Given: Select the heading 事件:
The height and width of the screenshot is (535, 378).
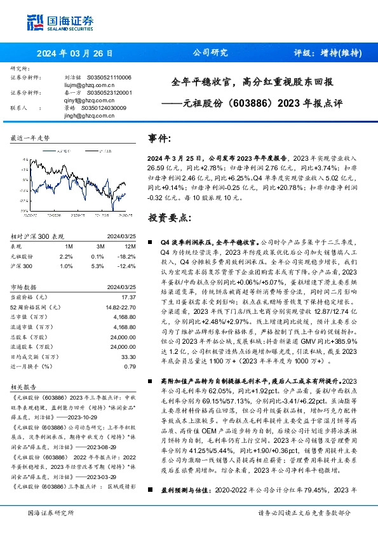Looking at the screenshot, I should [x=159, y=139].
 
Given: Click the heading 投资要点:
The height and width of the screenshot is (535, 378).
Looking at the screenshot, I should [x=168, y=218].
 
